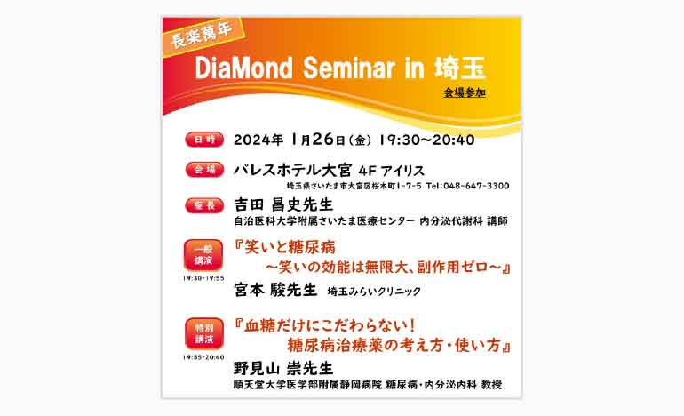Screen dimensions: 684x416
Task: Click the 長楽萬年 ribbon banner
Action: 203,36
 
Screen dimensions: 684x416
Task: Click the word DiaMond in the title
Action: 243,68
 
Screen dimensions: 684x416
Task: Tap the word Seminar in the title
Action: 349,68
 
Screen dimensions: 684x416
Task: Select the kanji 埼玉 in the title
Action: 460,68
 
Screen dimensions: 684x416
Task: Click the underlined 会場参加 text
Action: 465,93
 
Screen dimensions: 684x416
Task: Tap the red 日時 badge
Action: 204,140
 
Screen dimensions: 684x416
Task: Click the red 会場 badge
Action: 204,170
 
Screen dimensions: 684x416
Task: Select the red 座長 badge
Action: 204,205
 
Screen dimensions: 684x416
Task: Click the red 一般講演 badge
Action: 203,255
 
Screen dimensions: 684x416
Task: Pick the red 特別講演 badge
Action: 203,333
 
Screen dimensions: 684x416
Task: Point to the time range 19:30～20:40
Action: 426,140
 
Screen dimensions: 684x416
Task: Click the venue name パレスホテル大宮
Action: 293,170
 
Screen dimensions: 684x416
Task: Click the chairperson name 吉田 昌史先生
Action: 283,204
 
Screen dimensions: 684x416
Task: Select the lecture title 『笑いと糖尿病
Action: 284,247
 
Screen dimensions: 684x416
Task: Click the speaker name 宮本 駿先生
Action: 275,290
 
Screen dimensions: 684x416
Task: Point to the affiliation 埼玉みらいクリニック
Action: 374,292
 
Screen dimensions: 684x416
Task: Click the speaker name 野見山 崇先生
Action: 283,368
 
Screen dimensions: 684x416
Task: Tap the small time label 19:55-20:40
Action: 203,357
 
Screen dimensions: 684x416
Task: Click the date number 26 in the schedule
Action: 323,140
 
